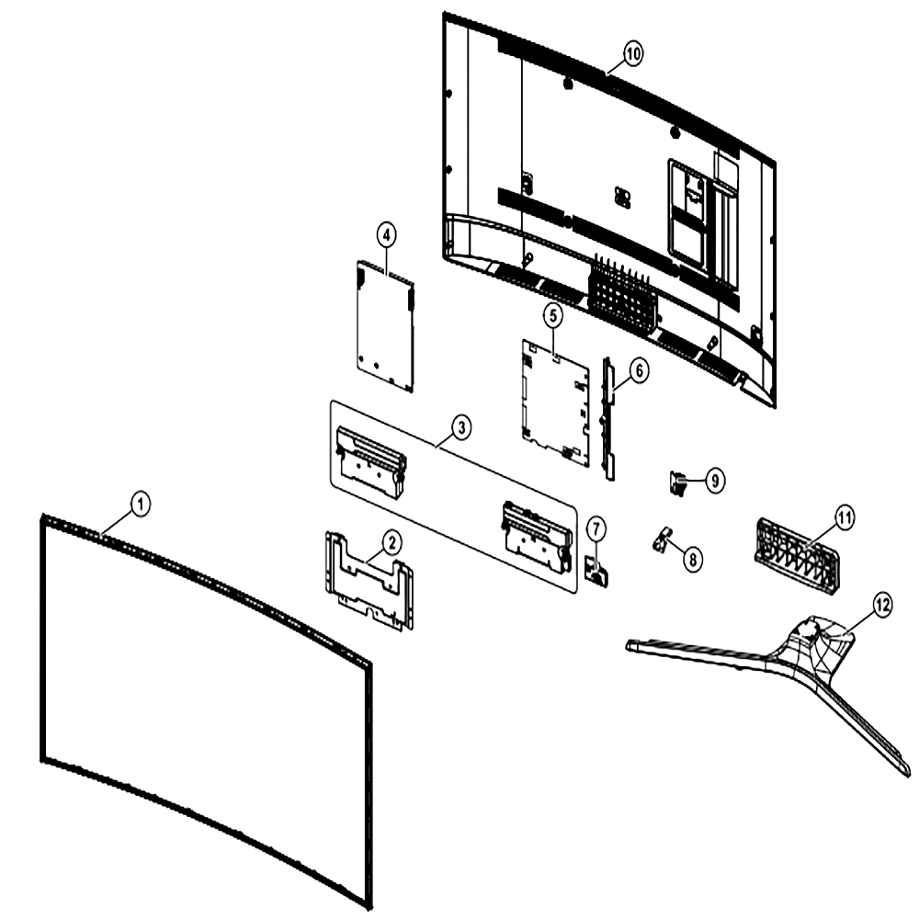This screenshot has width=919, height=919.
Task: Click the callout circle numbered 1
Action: pos(140,504)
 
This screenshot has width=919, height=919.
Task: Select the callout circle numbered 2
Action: pos(391,543)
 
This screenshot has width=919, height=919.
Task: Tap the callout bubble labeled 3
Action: pos(461,428)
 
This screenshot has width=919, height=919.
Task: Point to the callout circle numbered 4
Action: pos(386,236)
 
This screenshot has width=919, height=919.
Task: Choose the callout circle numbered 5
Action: pos(552,316)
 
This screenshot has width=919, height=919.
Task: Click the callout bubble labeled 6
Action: pos(639,371)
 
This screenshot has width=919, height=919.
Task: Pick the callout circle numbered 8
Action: pos(692,559)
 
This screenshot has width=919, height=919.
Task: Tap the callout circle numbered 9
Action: pos(714,481)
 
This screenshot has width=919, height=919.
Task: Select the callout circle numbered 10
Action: pos(632,54)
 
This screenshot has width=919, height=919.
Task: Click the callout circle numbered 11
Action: pos(844,518)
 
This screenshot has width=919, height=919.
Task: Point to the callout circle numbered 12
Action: pos(882,605)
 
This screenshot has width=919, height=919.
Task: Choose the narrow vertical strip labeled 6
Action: pos(608,417)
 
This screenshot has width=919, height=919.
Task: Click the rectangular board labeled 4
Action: pos(385,326)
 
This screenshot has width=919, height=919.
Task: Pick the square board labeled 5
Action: pos(555,403)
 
